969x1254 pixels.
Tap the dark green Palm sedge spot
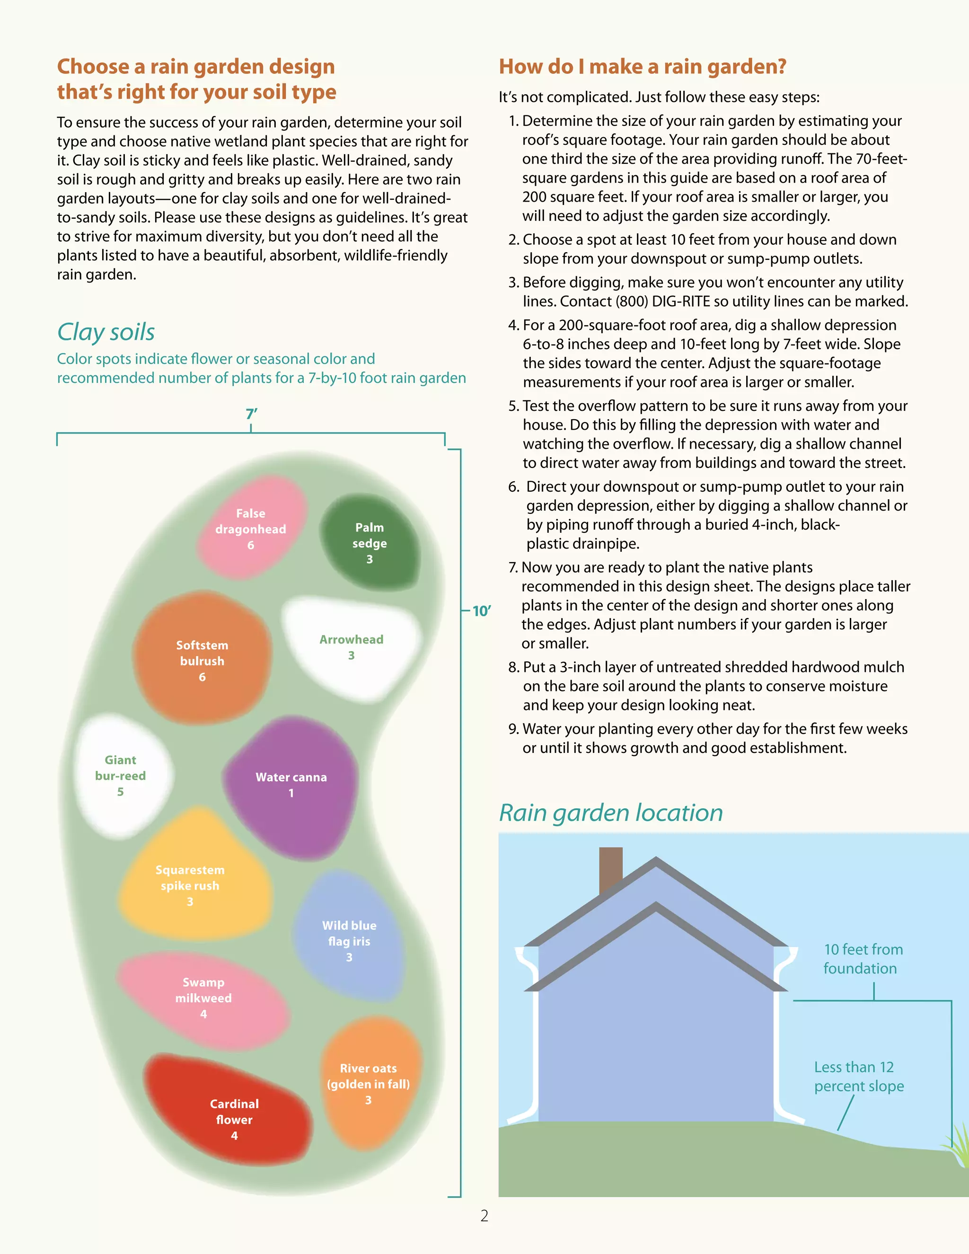(x=369, y=543)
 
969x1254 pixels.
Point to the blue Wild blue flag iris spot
(x=349, y=941)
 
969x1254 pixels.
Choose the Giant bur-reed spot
(x=121, y=775)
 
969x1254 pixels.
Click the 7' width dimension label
(x=251, y=414)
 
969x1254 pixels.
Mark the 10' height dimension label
(x=481, y=611)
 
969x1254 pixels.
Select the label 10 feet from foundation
(x=863, y=959)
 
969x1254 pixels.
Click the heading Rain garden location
(x=611, y=813)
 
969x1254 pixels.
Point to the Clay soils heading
(x=106, y=332)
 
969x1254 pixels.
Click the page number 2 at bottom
(x=484, y=1216)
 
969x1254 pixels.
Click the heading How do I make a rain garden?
(x=643, y=67)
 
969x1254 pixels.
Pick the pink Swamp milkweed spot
(x=204, y=998)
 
